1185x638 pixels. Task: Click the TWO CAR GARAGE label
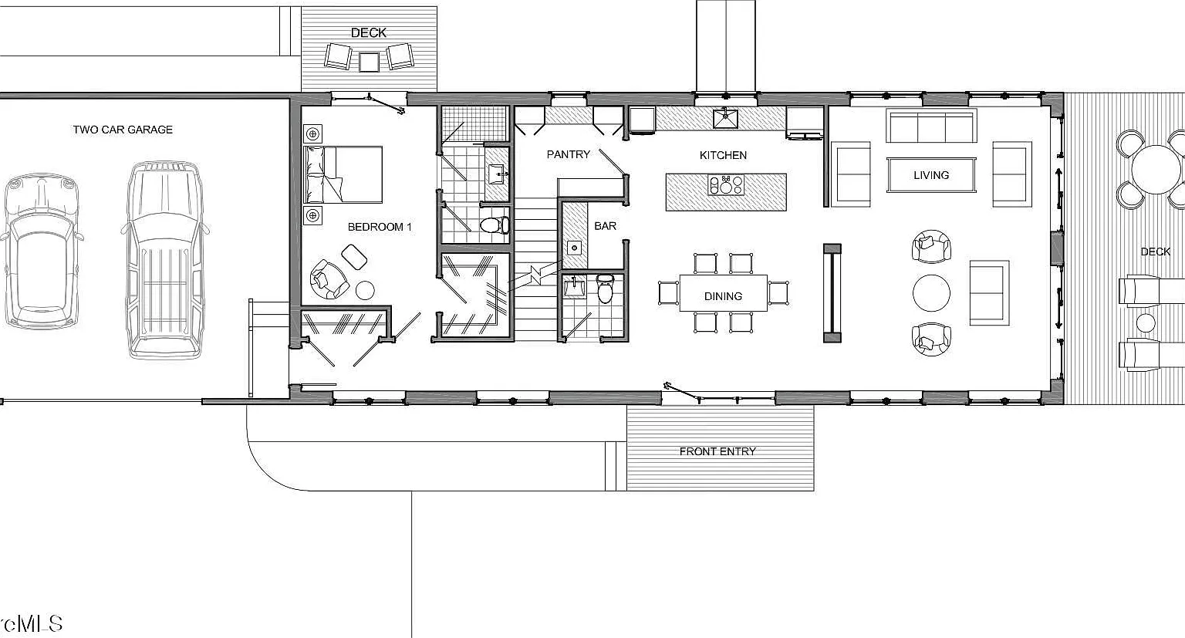[123, 130]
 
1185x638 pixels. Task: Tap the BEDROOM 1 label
[380, 227]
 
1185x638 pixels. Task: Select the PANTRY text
[568, 154]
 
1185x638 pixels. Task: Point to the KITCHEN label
[723, 155]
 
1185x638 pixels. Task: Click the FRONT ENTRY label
[717, 451]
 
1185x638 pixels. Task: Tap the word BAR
[605, 226]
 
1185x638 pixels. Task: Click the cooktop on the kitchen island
[726, 184]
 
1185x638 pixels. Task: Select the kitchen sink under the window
[727, 118]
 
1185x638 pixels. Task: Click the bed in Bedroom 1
[343, 174]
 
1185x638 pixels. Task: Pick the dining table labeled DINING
[723, 293]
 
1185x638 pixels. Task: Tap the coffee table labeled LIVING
[931, 174]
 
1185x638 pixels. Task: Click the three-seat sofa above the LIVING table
[931, 126]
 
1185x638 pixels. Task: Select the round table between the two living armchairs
[932, 292]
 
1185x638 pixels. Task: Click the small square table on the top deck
[369, 62]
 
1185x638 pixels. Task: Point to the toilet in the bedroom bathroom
[495, 224]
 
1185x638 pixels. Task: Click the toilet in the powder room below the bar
[605, 288]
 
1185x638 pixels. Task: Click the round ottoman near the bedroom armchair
[364, 290]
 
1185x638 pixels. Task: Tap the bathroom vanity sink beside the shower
[497, 174]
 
